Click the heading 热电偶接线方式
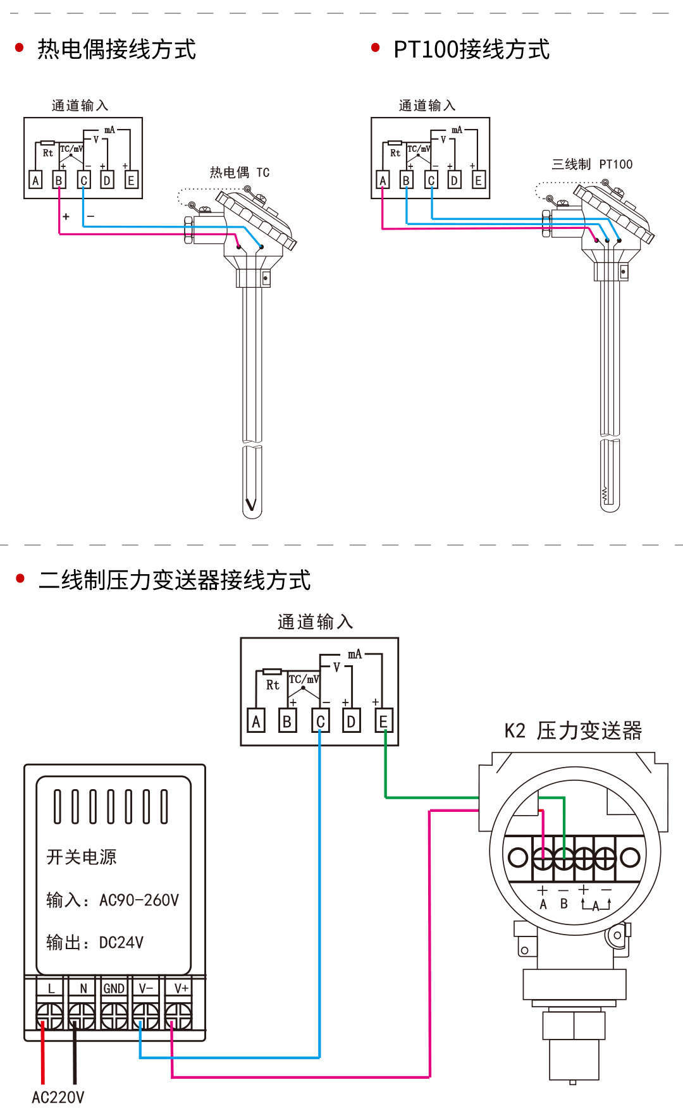(116, 49)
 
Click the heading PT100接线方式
(471, 49)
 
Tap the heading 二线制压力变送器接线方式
(175, 580)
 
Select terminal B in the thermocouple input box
(59, 180)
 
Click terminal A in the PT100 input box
(382, 180)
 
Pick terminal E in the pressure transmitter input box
(383, 721)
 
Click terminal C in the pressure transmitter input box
(320, 721)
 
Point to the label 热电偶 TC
(240, 173)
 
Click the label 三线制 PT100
(592, 164)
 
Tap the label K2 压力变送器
(573, 731)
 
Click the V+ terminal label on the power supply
(181, 988)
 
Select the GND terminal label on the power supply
(114, 988)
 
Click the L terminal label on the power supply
(51, 988)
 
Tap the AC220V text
(58, 1097)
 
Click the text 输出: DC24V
(95, 943)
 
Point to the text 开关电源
(82, 857)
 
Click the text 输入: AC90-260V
(113, 900)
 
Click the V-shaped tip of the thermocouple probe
(251, 505)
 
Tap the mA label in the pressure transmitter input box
(355, 654)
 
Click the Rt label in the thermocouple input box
(48, 153)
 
